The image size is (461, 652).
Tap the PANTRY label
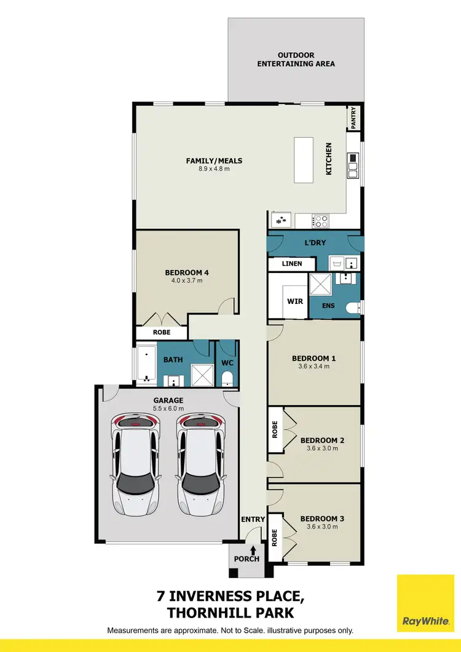click(354, 118)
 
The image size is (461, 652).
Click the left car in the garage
click(136, 464)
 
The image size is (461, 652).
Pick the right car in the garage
click(201, 464)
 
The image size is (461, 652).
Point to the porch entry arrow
click(253, 547)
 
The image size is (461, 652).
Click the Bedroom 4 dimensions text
click(187, 280)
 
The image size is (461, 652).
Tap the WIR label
click(294, 302)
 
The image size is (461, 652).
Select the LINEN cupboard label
click(292, 264)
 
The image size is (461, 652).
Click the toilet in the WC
click(227, 378)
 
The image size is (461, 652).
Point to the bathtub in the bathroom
click(146, 365)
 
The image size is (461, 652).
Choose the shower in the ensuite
click(320, 284)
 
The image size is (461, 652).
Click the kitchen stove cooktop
click(321, 221)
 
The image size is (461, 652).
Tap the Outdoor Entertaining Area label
click(296, 59)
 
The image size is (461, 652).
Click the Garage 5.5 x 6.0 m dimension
click(168, 408)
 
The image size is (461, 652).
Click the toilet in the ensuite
click(353, 308)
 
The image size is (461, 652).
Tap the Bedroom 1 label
click(314, 358)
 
